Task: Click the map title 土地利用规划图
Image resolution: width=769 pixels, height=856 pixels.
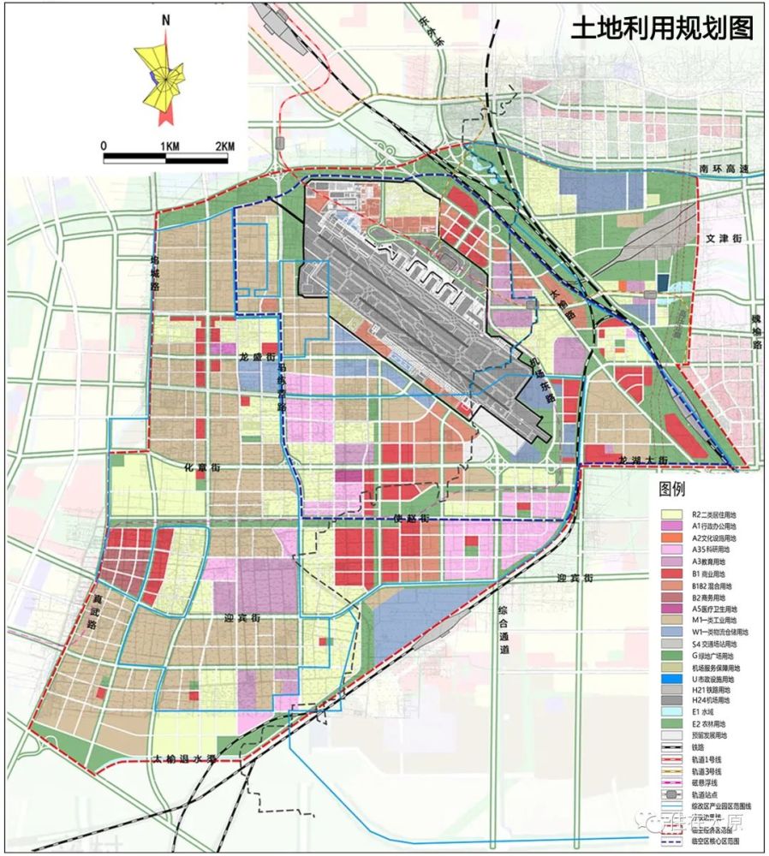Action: (x=662, y=28)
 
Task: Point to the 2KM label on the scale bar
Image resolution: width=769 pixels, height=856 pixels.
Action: (x=224, y=146)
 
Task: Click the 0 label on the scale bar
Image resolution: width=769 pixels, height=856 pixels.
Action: (x=104, y=146)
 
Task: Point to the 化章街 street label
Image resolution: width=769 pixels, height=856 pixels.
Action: (x=203, y=468)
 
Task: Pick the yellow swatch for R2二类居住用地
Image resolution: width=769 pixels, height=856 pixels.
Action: (x=671, y=514)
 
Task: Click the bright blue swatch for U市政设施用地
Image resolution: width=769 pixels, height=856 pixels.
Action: (x=671, y=679)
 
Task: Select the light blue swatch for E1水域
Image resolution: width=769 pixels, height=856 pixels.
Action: (x=671, y=710)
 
